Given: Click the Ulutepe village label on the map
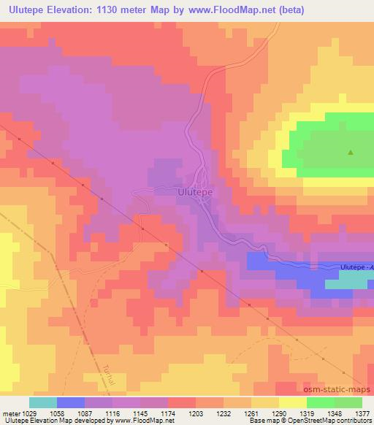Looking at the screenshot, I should tap(195, 192).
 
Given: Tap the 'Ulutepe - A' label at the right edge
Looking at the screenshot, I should tap(356, 267).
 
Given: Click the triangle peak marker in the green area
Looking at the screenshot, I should tap(351, 153).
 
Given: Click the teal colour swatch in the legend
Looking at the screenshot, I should tap(43, 402).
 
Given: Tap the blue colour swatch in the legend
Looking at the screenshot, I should tap(71, 402).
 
